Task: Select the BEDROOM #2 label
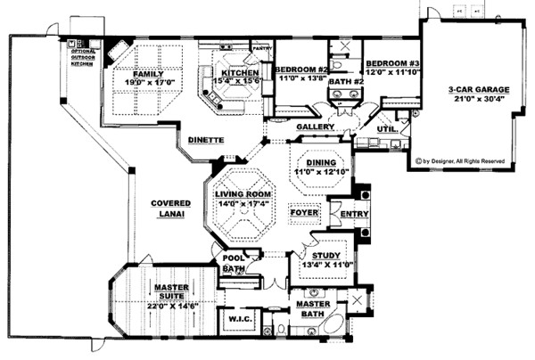pos(301,70)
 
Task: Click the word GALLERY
pos(315,127)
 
